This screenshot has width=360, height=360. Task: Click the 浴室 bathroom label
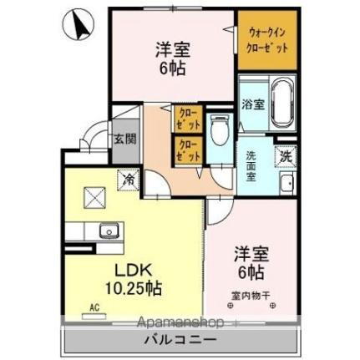tap(253, 105)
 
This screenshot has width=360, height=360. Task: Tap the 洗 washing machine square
tap(286, 155)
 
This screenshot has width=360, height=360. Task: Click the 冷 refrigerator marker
tap(129, 178)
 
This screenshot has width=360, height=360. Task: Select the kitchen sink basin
tap(107, 231)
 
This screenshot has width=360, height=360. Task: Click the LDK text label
tap(123, 271)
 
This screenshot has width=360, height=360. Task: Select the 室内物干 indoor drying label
tap(251, 295)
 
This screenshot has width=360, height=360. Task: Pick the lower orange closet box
tap(187, 149)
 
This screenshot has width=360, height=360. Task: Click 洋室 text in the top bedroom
tap(173, 48)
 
